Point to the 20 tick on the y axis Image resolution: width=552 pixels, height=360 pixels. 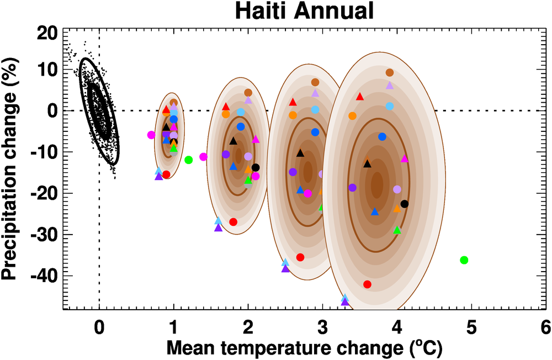(47, 33)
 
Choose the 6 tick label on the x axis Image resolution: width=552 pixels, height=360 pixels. (546, 327)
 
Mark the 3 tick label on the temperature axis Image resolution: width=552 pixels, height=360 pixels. (322, 327)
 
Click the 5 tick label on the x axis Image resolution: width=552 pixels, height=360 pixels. (471, 327)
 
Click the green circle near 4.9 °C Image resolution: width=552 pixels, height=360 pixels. (464, 260)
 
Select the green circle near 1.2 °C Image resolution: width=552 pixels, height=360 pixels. (188, 160)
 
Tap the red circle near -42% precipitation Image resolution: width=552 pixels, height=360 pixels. (367, 284)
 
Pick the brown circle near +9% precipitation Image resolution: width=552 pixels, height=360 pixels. (390, 72)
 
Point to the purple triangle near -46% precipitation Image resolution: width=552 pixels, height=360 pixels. (345, 301)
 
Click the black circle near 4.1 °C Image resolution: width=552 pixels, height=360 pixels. (405, 204)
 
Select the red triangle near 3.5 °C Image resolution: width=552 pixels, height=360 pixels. (360, 97)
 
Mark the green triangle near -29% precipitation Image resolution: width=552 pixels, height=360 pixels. (397, 230)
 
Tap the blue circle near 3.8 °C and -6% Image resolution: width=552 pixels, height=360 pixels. (382, 136)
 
